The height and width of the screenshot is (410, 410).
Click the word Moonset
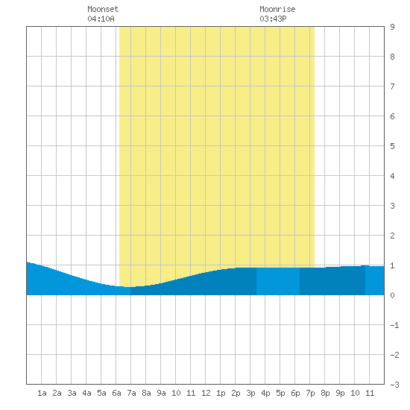pos(103,9)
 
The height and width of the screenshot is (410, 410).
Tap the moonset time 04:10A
pos(101,19)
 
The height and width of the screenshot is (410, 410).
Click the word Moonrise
pos(277,9)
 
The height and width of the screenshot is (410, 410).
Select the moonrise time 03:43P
pos(273,19)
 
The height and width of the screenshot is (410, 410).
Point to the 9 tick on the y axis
pos(392,27)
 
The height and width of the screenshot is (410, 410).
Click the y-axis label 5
pos(392,146)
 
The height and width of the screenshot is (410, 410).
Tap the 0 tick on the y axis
pos(392,295)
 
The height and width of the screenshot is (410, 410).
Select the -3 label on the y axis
pos(394,385)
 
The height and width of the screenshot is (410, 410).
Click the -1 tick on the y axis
pos(394,325)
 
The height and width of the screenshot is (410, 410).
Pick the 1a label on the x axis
pos(42,393)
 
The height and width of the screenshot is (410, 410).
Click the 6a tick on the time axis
pos(116,393)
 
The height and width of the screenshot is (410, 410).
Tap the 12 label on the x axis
pos(206,393)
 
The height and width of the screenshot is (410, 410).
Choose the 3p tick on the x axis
pos(250,393)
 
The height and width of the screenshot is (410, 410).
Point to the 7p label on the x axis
pos(310,393)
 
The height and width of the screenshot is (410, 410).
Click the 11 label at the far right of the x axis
pos(370,393)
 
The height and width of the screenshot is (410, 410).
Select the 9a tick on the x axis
pos(161,393)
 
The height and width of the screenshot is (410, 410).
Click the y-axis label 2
pos(392,236)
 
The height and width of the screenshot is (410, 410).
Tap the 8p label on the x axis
pos(325,393)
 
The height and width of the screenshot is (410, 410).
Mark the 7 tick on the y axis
pos(392,86)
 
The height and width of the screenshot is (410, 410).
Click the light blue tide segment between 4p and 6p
pos(278,281)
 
